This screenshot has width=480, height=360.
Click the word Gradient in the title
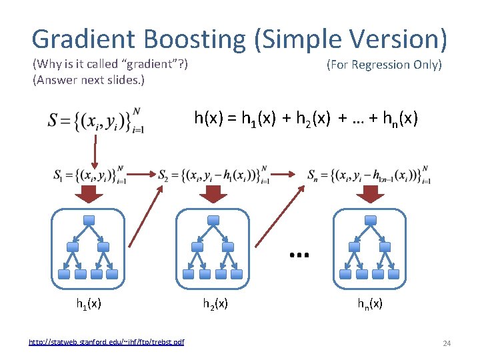pos(84,39)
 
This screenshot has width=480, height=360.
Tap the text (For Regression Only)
pos(384,65)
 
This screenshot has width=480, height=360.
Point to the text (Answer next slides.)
pos(88,80)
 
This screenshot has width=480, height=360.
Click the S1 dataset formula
pos(91,176)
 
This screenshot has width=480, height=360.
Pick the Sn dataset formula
pos(369,176)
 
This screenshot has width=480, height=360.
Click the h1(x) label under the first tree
pos(88,304)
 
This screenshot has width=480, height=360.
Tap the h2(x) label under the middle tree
pos(215,304)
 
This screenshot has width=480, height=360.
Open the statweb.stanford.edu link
pos(107,342)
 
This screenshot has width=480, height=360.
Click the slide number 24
pos(447,343)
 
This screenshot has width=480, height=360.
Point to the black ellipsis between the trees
pos(297,254)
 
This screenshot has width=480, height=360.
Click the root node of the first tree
pos(88,221)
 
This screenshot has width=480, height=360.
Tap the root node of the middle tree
pos(213,221)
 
